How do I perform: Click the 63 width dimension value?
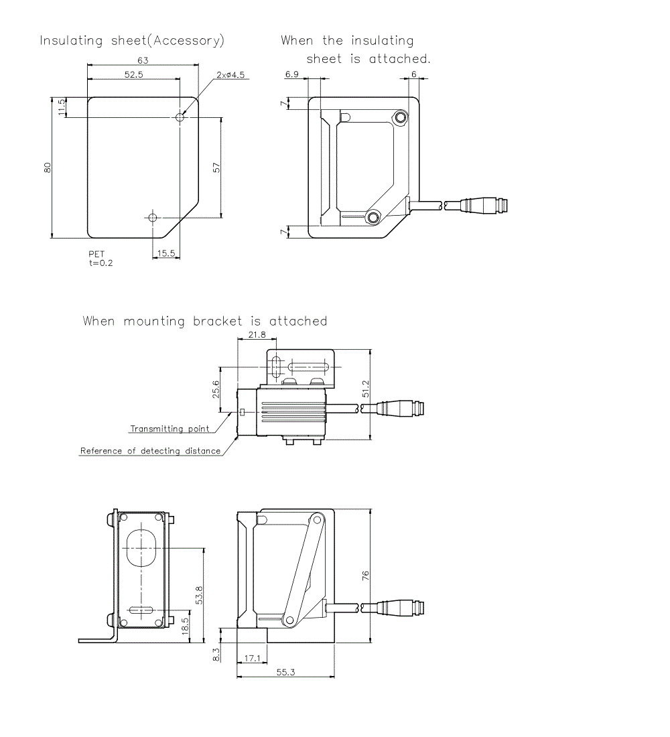tap(142, 60)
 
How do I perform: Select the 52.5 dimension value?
tap(133, 74)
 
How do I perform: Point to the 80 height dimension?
tap(48, 168)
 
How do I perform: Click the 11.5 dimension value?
tap(62, 107)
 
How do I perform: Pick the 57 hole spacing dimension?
tap(216, 167)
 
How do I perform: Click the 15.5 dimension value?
tap(166, 253)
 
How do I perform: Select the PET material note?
tap(96, 255)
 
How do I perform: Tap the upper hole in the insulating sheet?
tap(180, 117)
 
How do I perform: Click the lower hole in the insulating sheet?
tap(153, 218)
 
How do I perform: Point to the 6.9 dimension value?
tap(292, 74)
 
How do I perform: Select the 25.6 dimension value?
tap(216, 389)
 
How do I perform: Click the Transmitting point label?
tap(170, 429)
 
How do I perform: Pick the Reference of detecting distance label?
tap(150, 451)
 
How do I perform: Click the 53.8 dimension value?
tap(198, 594)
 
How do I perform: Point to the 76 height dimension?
tap(366, 575)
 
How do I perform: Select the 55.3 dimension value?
tap(285, 671)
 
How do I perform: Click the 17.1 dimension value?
tap(252, 659)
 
